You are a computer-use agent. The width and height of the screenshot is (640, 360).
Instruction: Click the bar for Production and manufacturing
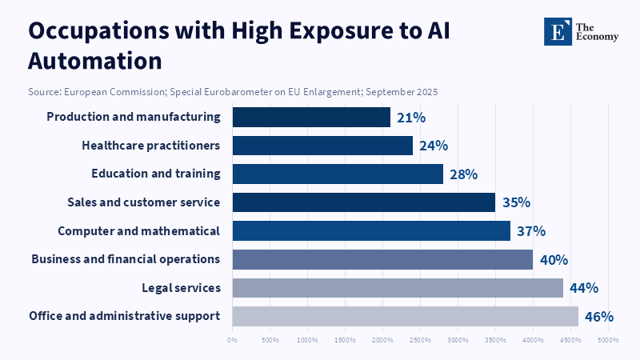(x=311, y=117)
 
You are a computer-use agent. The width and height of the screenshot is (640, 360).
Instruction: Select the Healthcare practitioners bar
(x=322, y=146)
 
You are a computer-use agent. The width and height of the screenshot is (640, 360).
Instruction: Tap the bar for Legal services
(x=398, y=288)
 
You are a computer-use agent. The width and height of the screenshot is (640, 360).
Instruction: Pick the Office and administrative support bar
(x=405, y=316)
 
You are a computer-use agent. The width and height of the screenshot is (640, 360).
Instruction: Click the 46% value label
(x=598, y=317)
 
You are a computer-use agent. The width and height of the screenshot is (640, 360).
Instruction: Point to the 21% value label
(x=411, y=118)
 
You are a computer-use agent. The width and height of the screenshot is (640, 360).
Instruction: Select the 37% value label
(x=531, y=231)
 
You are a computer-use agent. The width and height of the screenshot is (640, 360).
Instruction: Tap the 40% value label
(x=554, y=260)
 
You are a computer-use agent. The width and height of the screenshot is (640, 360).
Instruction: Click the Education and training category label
(x=156, y=174)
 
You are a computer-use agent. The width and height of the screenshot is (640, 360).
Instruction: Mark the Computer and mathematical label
(x=138, y=231)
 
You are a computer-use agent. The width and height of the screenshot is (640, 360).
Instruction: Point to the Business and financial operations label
(x=126, y=259)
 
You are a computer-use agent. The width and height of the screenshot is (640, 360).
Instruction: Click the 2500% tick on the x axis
(x=420, y=340)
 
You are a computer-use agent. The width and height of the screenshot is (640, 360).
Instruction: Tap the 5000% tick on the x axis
(x=607, y=340)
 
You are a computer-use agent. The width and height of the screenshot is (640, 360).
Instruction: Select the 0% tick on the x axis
(x=232, y=340)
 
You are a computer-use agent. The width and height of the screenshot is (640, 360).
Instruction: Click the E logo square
(x=558, y=31)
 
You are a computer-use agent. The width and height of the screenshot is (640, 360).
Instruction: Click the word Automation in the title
(x=95, y=61)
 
